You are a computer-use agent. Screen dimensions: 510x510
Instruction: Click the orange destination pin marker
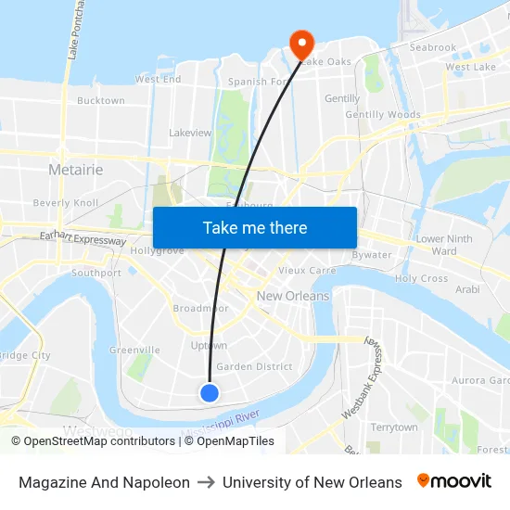(301, 43)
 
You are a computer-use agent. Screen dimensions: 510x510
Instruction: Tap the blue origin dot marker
(210, 393)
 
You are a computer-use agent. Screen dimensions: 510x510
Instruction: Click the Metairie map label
(75, 171)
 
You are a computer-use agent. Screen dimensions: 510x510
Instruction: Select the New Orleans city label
(293, 296)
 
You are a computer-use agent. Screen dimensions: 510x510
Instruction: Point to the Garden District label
(254, 366)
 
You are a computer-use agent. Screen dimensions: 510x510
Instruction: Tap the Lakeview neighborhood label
(190, 133)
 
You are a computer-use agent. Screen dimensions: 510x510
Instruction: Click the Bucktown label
(101, 100)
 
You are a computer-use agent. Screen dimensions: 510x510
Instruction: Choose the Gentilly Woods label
(383, 115)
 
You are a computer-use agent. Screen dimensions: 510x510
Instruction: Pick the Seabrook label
(433, 47)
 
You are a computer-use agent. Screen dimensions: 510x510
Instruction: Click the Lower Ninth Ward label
(444, 245)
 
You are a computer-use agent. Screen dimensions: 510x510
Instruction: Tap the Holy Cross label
(421, 278)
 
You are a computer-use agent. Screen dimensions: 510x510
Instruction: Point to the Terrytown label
(394, 427)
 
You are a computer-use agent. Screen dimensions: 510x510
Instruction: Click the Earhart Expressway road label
(83, 239)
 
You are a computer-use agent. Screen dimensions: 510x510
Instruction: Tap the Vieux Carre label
(307, 271)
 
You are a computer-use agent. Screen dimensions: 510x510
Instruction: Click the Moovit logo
(454, 481)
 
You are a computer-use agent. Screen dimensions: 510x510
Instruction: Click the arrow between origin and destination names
(206, 482)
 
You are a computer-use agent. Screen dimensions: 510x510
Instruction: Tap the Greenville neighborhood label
(134, 350)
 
